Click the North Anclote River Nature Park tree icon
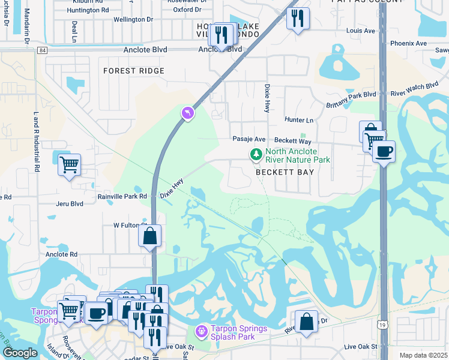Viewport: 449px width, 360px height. (x=257, y=155)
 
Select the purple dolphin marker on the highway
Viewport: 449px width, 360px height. (x=188, y=113)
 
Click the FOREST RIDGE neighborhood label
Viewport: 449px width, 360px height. (x=134, y=71)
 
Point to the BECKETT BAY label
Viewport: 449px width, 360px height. (x=285, y=172)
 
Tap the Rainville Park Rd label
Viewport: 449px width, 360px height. (x=122, y=196)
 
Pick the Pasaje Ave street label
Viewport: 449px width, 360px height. (x=249, y=139)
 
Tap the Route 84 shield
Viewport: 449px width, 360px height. (x=41, y=50)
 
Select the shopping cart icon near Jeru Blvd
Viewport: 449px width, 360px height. (x=69, y=163)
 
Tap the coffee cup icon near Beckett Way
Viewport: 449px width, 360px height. (x=384, y=151)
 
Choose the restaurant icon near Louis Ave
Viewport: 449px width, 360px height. (x=298, y=18)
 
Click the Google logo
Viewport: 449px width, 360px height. (x=20, y=353)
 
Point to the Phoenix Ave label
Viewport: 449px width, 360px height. (x=408, y=43)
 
